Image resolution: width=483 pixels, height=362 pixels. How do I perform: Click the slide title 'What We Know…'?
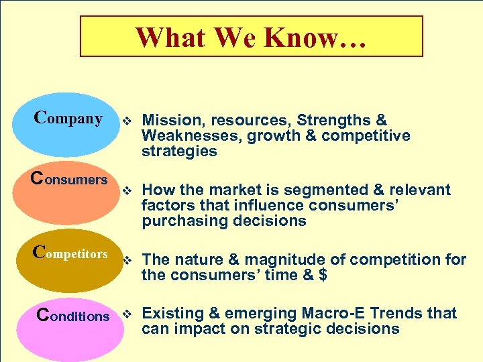[251, 37]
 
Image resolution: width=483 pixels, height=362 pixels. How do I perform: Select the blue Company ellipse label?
[68, 119]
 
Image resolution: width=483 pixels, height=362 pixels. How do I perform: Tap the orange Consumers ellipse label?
[70, 179]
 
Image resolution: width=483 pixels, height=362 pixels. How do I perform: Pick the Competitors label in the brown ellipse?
[70, 253]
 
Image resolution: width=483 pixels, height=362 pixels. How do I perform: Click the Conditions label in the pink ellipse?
[72, 315]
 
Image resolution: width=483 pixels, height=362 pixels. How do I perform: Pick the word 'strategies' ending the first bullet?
[179, 152]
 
